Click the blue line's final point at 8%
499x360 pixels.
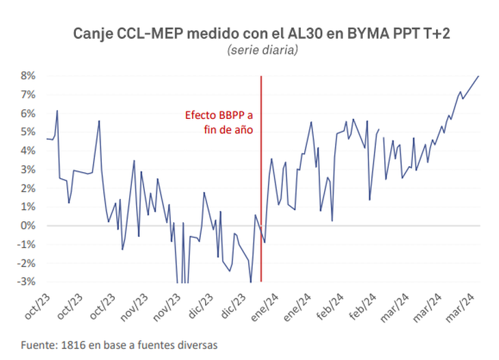coord(478,76)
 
